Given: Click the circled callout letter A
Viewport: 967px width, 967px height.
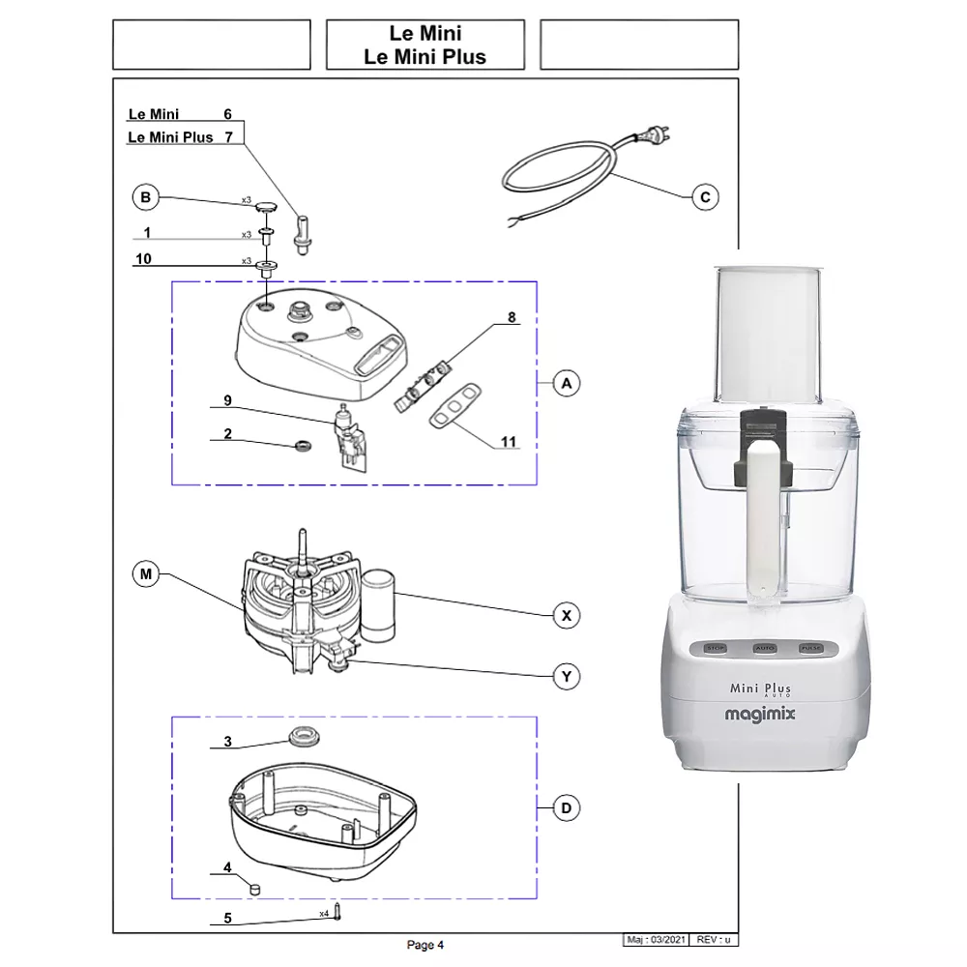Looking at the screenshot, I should click(567, 384).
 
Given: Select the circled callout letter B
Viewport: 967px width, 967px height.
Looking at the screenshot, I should click(144, 198).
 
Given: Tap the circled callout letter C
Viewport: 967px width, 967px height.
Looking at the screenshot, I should click(705, 197).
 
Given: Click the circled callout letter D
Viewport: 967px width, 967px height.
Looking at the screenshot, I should click(567, 807).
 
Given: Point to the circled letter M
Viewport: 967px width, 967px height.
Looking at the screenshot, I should click(145, 575).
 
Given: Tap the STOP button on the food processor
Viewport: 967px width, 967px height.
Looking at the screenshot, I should click(715, 647).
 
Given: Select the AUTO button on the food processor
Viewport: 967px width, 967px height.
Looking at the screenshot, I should click(765, 647).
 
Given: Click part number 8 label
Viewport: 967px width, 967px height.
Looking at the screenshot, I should click(512, 317).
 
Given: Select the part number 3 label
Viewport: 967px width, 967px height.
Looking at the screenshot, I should click(227, 742).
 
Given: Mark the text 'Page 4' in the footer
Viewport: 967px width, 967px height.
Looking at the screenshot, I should click(425, 945).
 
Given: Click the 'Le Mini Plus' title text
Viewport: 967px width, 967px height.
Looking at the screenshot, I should click(425, 56).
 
